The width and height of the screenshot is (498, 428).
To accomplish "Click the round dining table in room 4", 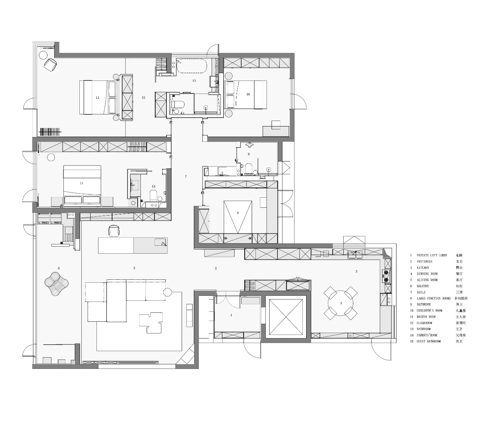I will pos(341,303).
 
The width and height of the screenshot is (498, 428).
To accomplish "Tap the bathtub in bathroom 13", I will pos(191,66).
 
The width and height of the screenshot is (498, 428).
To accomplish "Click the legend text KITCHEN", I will pos(423,268).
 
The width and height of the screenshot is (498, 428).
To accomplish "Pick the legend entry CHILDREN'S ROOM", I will pos(430,310).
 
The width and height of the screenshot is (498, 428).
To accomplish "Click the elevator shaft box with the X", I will pos(286,317).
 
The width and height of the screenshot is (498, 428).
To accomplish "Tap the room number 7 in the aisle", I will pos(186,177).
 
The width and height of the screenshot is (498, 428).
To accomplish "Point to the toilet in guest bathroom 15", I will pos(153,195).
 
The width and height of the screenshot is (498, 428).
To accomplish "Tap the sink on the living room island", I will pos(161,243).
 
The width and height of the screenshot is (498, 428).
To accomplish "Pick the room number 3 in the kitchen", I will pos(356,271).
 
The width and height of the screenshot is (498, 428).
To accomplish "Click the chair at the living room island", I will pos(114,231).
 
